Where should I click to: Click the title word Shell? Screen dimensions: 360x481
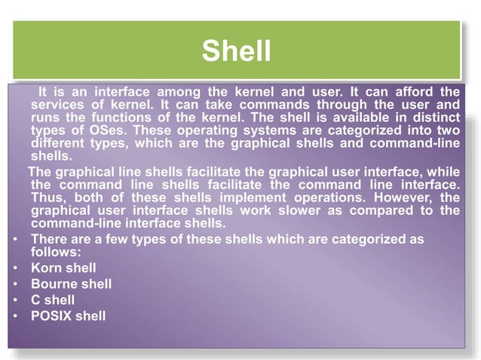(x=236, y=51)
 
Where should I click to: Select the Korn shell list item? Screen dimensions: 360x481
(x=63, y=267)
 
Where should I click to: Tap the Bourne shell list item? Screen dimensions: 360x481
(x=71, y=284)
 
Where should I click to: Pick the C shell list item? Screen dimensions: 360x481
(x=53, y=300)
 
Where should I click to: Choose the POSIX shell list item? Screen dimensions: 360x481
(x=68, y=316)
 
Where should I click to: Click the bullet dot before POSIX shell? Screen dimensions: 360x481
(x=16, y=316)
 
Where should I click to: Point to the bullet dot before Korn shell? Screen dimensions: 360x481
(x=16, y=268)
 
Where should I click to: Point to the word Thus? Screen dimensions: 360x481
(x=50, y=198)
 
